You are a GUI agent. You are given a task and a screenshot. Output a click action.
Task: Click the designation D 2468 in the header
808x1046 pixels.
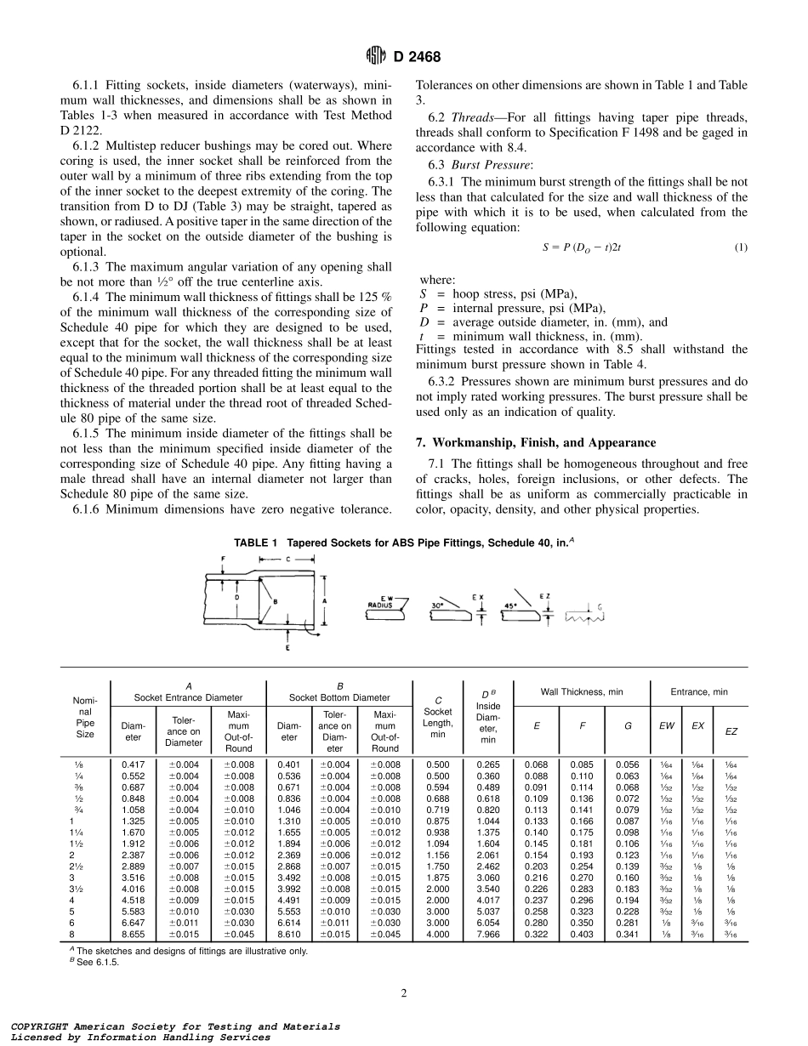417,58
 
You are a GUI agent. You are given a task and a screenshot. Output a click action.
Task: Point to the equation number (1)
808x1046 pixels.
740,247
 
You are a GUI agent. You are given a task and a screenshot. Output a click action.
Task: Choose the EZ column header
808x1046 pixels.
731,731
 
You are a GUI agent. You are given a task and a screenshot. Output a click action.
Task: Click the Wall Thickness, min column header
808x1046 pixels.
582,692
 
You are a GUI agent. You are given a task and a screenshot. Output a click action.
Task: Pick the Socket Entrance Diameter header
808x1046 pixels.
187,697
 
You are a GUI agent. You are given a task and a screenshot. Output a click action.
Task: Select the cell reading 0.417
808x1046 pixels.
133,765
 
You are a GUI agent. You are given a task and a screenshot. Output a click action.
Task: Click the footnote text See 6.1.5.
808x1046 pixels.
105,963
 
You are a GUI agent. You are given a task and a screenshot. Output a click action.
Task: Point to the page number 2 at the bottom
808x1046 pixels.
404,992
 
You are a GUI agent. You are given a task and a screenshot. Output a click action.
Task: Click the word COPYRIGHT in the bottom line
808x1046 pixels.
35,1026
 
